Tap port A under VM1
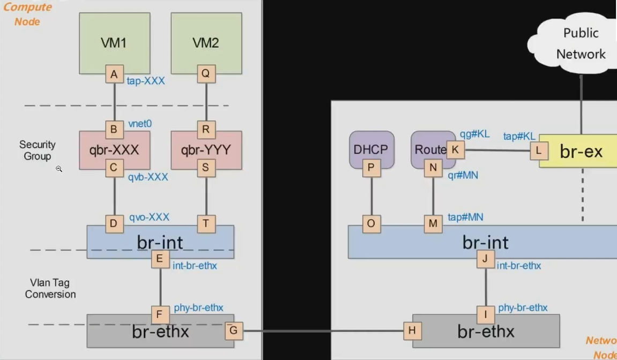click(x=114, y=74)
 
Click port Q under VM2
click(x=206, y=74)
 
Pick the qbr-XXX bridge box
click(x=114, y=149)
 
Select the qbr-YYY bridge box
click(x=206, y=149)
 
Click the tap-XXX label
click(x=146, y=81)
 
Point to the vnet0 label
click(x=140, y=124)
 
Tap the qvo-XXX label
click(x=149, y=217)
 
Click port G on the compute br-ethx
click(x=233, y=331)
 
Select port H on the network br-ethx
click(x=412, y=331)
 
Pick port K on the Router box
click(x=455, y=149)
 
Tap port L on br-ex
click(x=538, y=151)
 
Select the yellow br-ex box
click(x=582, y=152)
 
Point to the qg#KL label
click(x=475, y=134)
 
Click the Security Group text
click(x=37, y=151)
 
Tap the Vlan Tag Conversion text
click(x=50, y=288)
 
